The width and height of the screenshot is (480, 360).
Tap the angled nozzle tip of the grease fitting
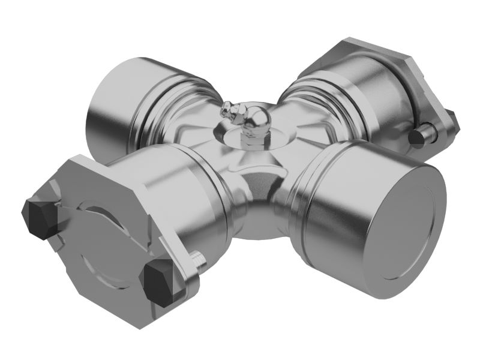pyautogui.click(x=226, y=109)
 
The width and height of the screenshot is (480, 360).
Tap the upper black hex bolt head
pyautogui.click(x=38, y=218)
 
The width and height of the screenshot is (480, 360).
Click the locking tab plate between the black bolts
pyautogui.click(x=90, y=240)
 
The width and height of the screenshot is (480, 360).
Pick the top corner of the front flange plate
pyautogui.click(x=78, y=159)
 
